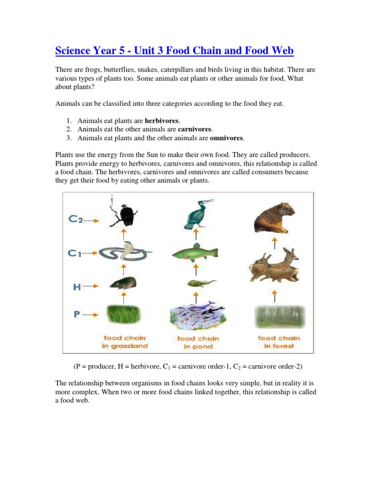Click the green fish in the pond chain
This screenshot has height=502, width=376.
pyautogui.click(x=194, y=253)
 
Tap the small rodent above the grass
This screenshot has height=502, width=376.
pyautogui.click(x=123, y=283)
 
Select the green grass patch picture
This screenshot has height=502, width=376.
pyautogui.click(x=124, y=314)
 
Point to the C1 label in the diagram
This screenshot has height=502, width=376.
pyautogui.click(x=75, y=253)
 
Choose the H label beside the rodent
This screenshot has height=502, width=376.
pyautogui.click(x=77, y=287)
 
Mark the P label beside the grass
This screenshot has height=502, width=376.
pyautogui.click(x=77, y=314)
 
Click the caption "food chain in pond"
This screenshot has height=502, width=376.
pyautogui.click(x=198, y=342)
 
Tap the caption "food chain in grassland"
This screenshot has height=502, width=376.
pyautogui.click(x=125, y=342)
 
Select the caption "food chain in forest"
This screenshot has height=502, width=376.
pyautogui.click(x=279, y=342)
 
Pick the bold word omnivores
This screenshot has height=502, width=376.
pyautogui.click(x=227, y=138)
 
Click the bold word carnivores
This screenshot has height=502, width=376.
pyautogui.click(x=194, y=129)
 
